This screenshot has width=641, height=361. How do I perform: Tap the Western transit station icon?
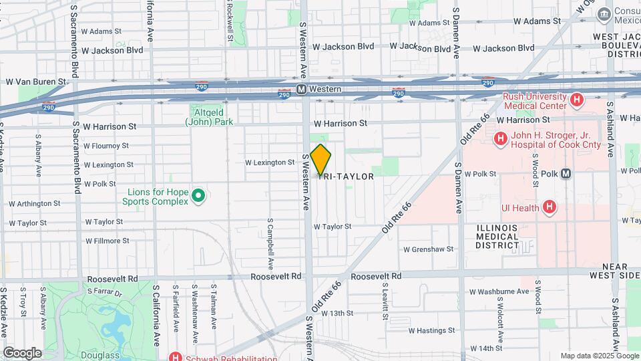click(x=302, y=89)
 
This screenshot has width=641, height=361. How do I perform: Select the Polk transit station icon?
click(x=566, y=174)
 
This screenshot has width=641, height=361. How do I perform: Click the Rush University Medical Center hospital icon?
click(x=578, y=100)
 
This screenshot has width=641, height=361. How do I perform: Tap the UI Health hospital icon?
click(x=549, y=207)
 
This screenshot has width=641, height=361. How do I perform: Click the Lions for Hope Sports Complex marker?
click(x=198, y=196)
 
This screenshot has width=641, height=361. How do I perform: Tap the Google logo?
click(x=22, y=352)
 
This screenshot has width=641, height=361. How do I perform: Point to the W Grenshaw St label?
click(x=428, y=249)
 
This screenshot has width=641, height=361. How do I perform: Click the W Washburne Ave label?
click(x=499, y=291)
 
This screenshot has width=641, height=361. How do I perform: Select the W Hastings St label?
click(x=431, y=330)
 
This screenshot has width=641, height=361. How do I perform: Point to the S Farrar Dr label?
click(x=105, y=292)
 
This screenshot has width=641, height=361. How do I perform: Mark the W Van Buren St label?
click(x=36, y=82)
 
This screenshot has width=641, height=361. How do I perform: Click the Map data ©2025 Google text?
click(x=599, y=356)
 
